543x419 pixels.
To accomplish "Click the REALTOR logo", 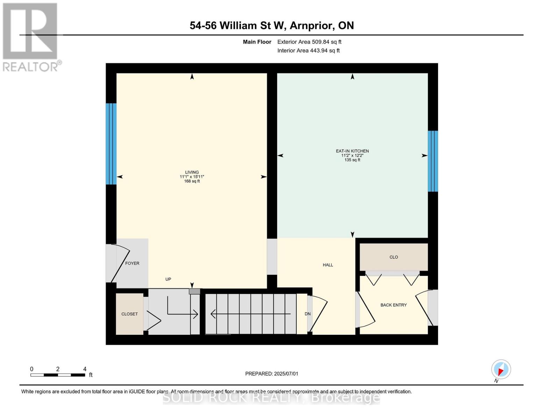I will [31, 37].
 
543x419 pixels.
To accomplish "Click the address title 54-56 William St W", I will [272, 25].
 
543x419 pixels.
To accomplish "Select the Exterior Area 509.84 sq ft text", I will [309, 42].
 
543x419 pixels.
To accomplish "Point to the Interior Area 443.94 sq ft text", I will [308, 51].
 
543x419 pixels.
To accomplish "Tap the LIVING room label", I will [192, 172].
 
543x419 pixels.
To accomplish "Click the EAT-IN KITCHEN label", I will [352, 151].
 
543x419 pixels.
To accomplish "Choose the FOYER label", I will [132, 263].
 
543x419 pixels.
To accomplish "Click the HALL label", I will [328, 265].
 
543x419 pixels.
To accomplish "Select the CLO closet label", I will [393, 257].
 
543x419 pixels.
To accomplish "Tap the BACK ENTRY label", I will [393, 305].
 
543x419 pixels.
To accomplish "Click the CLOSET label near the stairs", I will [129, 314].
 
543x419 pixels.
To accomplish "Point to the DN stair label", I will [307, 314].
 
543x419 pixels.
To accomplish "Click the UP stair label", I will [168, 279].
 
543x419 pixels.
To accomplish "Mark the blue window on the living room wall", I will [111, 144].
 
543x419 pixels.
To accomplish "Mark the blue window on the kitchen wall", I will [433, 161].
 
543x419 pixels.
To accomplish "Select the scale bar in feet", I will [58, 375].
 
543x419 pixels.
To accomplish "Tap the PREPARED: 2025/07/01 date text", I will [272, 374].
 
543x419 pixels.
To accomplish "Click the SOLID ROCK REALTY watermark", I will [271, 398].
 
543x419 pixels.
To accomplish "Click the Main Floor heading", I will [257, 42].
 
